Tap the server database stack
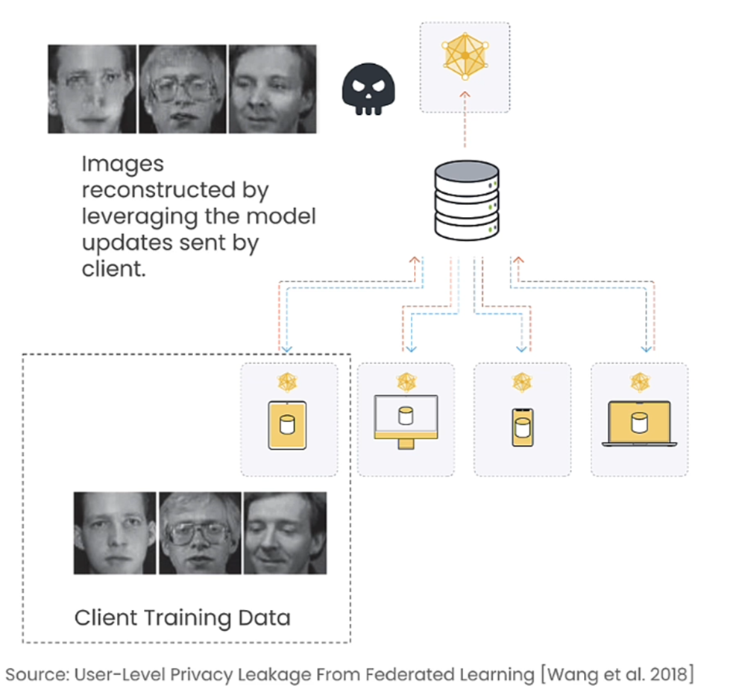[467, 201]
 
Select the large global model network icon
[465, 56]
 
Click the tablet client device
[287, 425]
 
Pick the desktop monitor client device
[406, 421]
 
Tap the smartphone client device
[523, 427]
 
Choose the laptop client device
[639, 424]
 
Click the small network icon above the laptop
[640, 382]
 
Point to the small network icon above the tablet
[287, 382]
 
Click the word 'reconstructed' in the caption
[159, 190]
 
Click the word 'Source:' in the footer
[37, 675]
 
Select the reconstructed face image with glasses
[182, 89]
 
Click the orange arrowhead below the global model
[465, 95]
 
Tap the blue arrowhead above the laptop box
[647, 349]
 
